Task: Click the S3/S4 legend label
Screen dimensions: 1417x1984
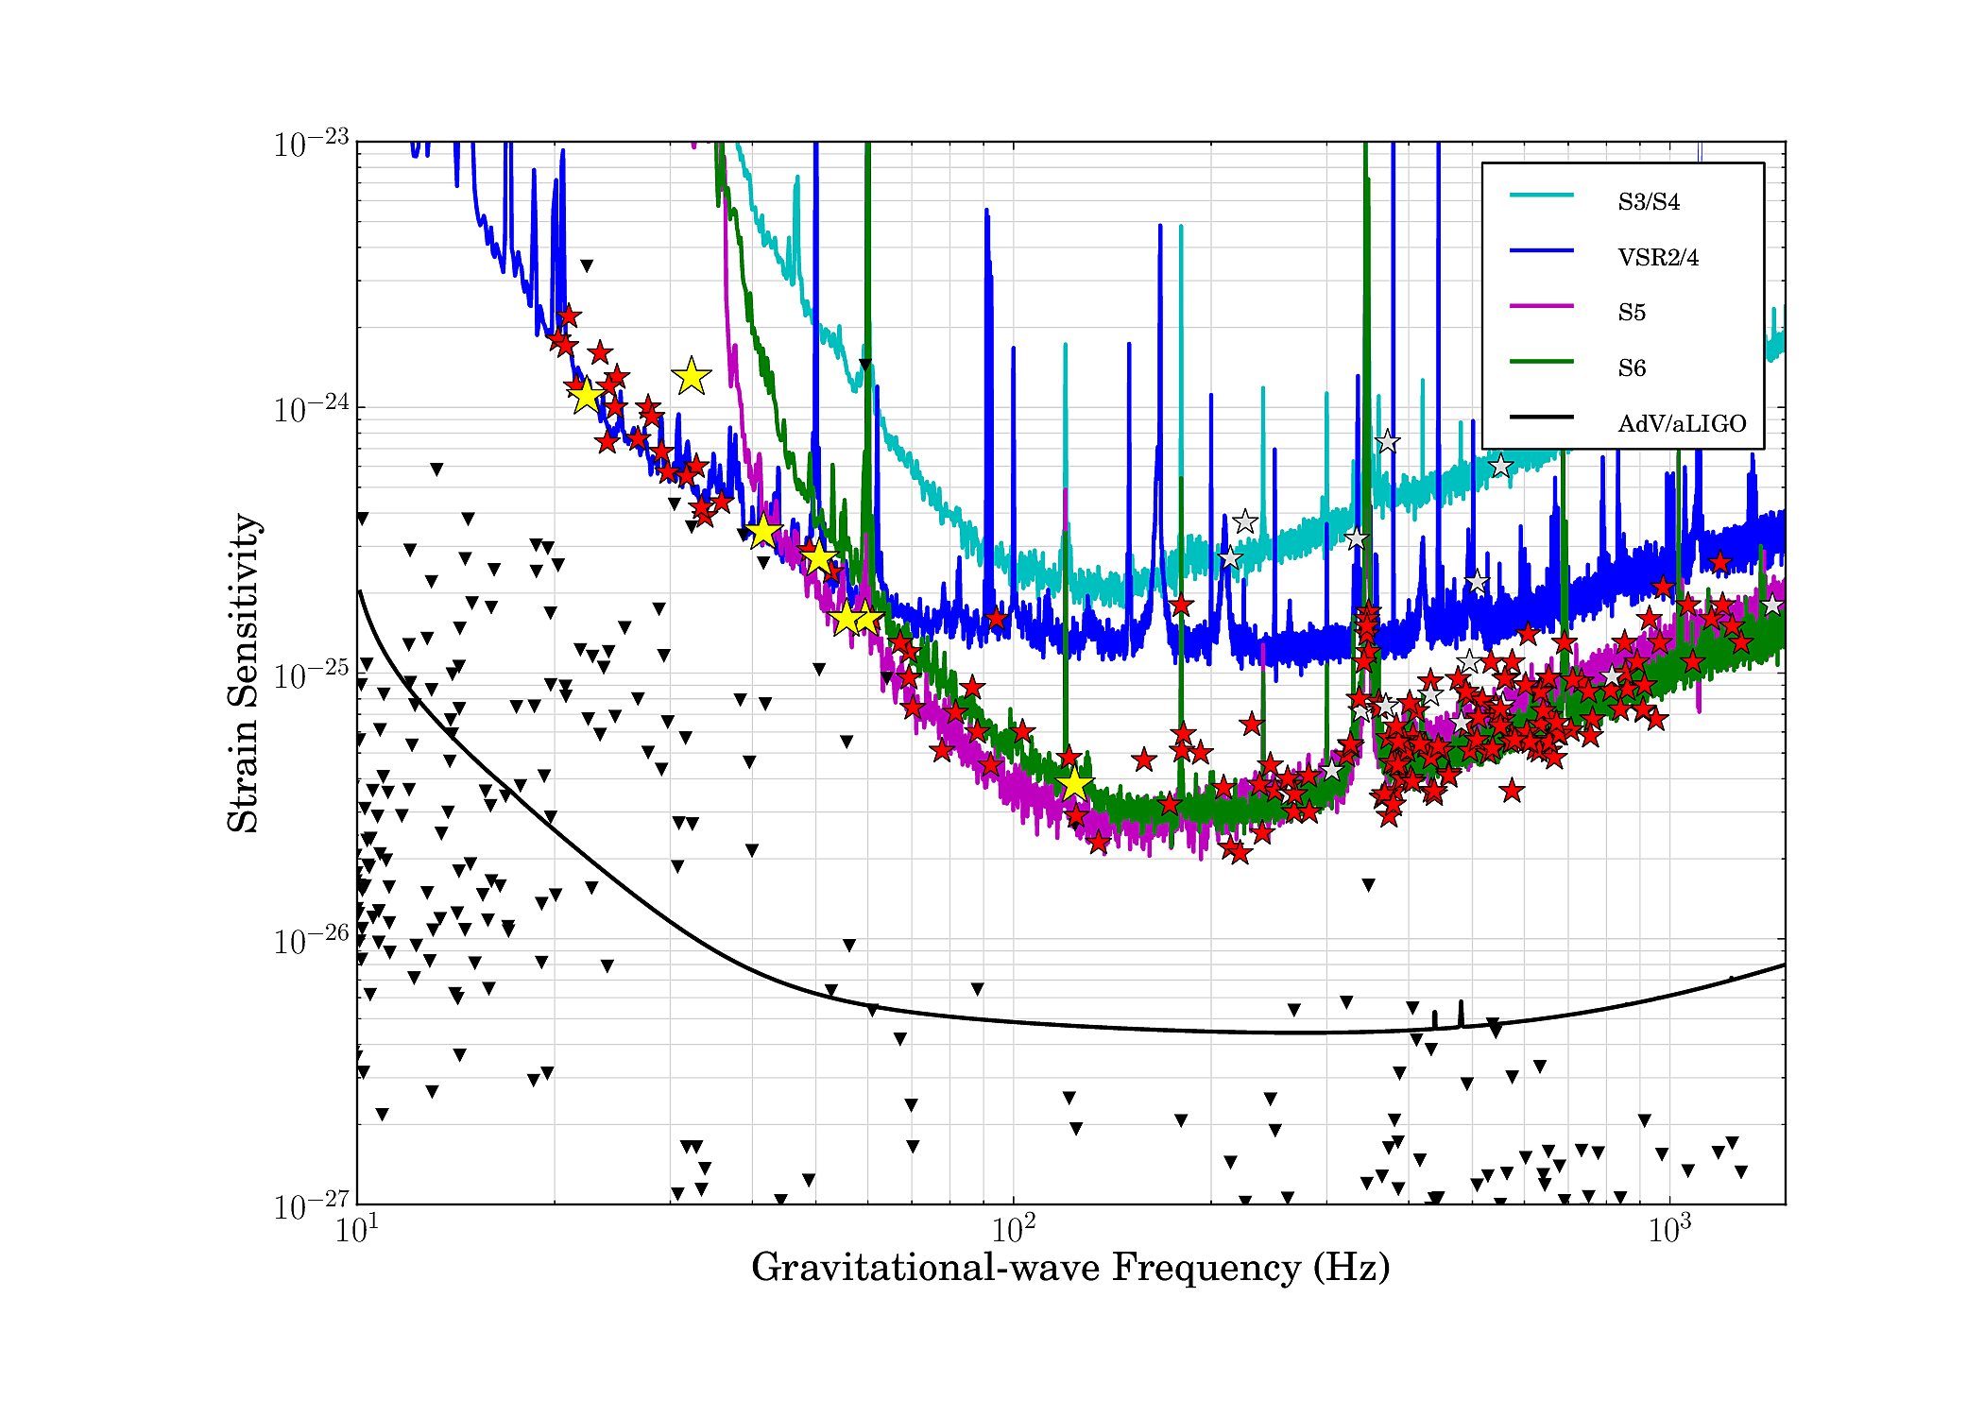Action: point(1649,202)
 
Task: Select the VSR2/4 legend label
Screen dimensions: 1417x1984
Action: point(1658,258)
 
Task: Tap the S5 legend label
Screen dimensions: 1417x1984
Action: point(1632,313)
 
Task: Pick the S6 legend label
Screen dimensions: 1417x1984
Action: point(1632,368)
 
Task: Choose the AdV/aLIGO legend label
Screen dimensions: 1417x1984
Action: point(1682,424)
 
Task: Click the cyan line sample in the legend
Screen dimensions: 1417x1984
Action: point(1541,196)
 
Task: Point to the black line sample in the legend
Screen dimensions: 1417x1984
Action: point(1541,417)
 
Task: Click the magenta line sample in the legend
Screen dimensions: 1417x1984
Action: point(1541,306)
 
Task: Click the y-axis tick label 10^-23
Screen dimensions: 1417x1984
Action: point(311,145)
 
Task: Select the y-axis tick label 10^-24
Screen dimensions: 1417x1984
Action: point(311,410)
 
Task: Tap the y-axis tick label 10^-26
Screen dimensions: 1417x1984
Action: point(311,941)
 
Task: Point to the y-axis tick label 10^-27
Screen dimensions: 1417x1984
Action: point(311,1206)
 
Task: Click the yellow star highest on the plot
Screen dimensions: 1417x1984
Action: point(692,376)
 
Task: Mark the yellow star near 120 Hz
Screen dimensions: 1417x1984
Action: point(1074,783)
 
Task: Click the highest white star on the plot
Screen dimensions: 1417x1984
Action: point(1387,441)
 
